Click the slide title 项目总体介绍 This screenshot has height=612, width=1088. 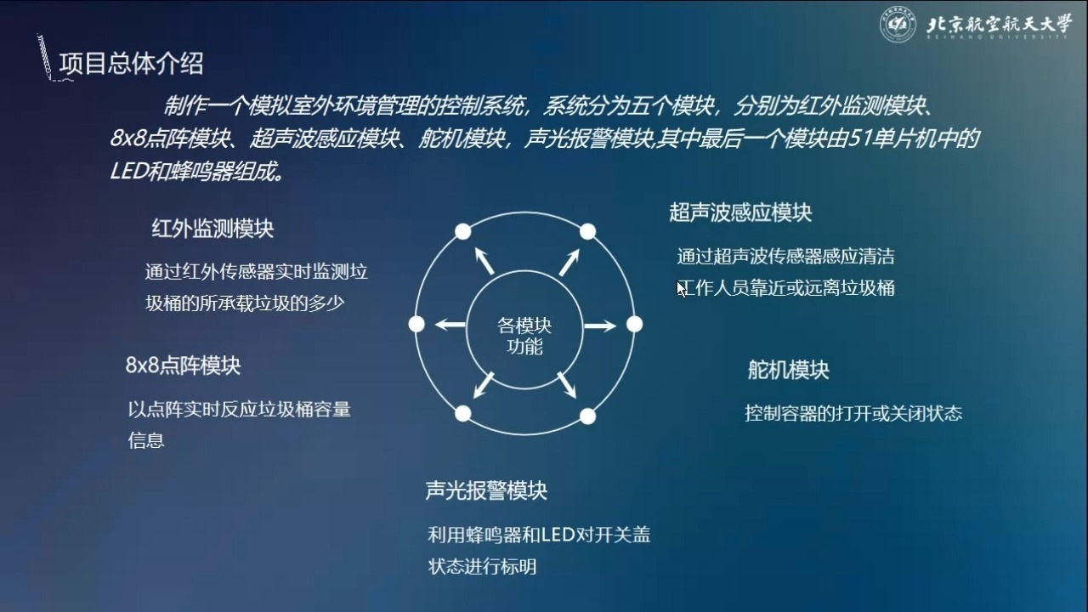point(131,64)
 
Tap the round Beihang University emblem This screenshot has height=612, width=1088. point(898,24)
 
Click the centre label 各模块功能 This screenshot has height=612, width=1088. point(524,336)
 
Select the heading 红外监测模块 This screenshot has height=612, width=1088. point(212,229)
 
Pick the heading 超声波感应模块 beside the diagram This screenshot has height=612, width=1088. point(740,212)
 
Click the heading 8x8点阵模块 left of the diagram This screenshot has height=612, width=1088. point(183,365)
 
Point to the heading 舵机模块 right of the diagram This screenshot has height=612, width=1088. point(788,370)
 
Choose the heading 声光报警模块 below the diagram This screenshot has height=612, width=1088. point(486,490)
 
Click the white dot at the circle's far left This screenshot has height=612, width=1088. point(416,324)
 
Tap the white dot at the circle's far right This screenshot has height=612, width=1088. point(634,324)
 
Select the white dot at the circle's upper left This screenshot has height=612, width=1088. point(463,232)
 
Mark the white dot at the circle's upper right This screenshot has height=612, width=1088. point(587,232)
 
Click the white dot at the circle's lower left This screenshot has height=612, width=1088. point(463,414)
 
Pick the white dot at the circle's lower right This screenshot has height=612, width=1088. point(587,416)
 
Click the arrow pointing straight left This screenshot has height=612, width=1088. point(450,325)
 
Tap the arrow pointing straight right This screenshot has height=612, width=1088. point(600,326)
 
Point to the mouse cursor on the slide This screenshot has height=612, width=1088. point(682,290)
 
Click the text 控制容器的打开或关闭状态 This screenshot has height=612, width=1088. point(853,413)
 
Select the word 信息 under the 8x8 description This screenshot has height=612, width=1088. point(146,440)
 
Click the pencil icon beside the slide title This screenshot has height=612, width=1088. point(45,56)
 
